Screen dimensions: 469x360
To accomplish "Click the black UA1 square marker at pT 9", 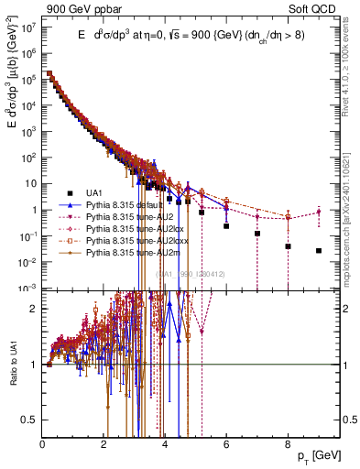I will point(319,250).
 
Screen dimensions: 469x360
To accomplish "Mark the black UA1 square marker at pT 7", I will point(257,234).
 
